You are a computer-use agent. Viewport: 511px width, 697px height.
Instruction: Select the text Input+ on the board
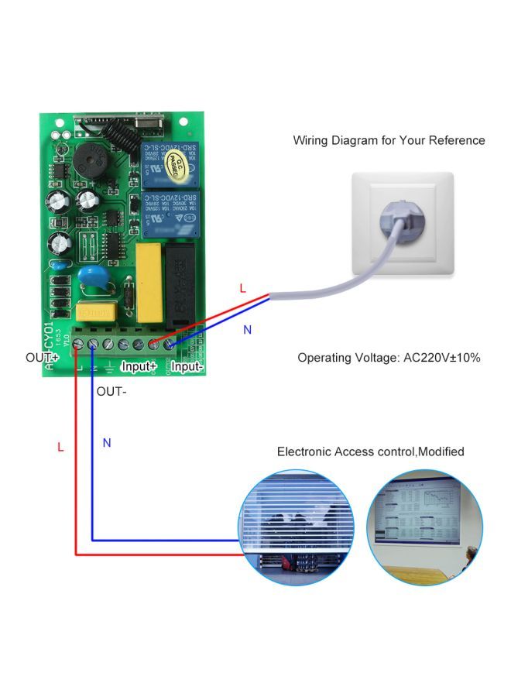coord(139,365)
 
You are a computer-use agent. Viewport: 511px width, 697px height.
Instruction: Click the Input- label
coord(188,365)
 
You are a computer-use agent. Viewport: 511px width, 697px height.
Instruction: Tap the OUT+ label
coord(41,358)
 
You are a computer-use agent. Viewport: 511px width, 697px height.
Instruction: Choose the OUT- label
coord(111,391)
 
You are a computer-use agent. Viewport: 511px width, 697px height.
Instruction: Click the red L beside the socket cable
coord(242,288)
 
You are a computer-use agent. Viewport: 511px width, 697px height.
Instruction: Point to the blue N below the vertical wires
coord(107,443)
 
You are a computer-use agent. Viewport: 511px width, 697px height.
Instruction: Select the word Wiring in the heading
coord(311,140)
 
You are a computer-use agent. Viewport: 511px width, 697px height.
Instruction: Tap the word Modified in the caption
coord(441,452)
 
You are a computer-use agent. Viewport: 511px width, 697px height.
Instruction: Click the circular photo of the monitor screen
coord(424,528)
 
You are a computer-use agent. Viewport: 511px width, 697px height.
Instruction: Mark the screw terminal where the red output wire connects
coord(77,342)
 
